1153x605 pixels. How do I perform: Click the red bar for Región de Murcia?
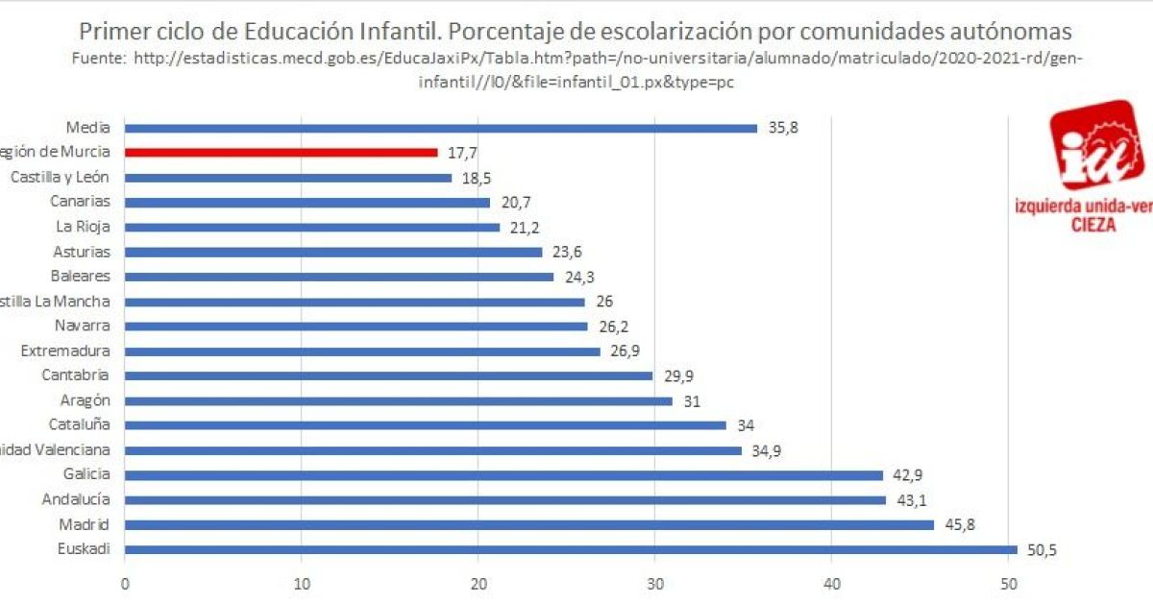coord(281,152)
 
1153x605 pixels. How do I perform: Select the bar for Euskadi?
coord(571,549)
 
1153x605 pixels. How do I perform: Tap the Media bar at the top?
coord(441,128)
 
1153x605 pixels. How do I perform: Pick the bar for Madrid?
coord(529,524)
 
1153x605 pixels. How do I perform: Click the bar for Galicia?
coord(503,474)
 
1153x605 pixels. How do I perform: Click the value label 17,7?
coord(462,152)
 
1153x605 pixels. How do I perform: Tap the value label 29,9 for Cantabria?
coord(679,375)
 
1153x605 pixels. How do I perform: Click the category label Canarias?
coord(81,202)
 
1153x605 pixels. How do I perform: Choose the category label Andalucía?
coord(76,499)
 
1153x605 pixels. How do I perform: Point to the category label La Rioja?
coord(83,227)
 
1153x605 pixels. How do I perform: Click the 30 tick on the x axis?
coord(655,583)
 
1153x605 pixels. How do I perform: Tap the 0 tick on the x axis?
coord(125,583)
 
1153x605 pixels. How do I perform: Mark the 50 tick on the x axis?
coord(1009,583)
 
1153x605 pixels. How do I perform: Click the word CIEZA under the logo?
coord(1092,225)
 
